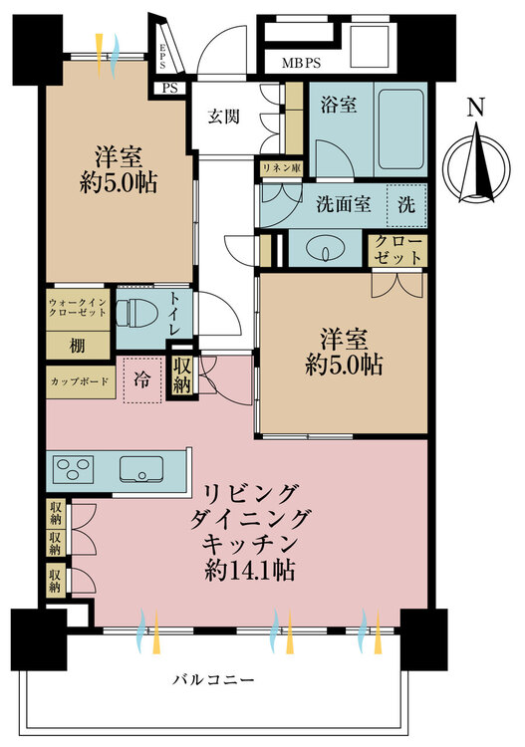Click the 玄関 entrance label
[223, 117]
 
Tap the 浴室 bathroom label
[339, 105]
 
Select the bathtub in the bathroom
[401, 128]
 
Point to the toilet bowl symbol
[136, 314]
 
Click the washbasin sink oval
[325, 248]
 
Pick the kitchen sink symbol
[141, 469]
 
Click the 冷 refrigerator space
[142, 379]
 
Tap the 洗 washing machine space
[406, 205]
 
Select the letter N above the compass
[475, 108]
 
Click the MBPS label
[301, 63]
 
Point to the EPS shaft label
[162, 56]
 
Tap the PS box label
[170, 88]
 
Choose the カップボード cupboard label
[80, 381]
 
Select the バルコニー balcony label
[213, 679]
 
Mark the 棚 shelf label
[78, 346]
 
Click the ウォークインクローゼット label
[78, 308]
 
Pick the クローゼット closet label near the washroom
[397, 250]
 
